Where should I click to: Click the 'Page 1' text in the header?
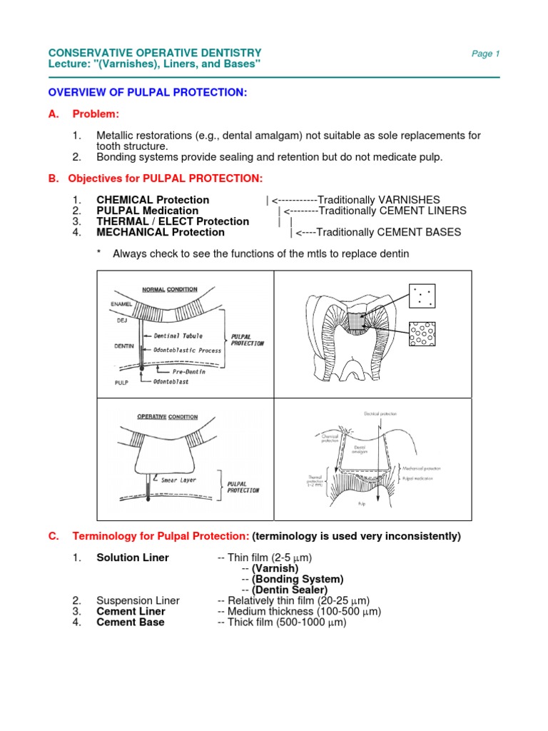[x=486, y=54]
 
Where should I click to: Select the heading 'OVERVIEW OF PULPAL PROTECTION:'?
[x=147, y=93]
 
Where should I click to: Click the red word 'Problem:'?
[x=96, y=114]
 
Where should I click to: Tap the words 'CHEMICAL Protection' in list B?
[x=153, y=200]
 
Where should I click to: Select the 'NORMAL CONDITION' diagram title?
[x=170, y=289]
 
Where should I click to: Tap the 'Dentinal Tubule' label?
[x=178, y=336]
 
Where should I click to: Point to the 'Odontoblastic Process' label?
[x=188, y=351]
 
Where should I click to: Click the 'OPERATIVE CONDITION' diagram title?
[x=169, y=416]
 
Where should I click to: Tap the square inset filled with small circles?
[x=425, y=334]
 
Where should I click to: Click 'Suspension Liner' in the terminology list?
[x=138, y=600]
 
